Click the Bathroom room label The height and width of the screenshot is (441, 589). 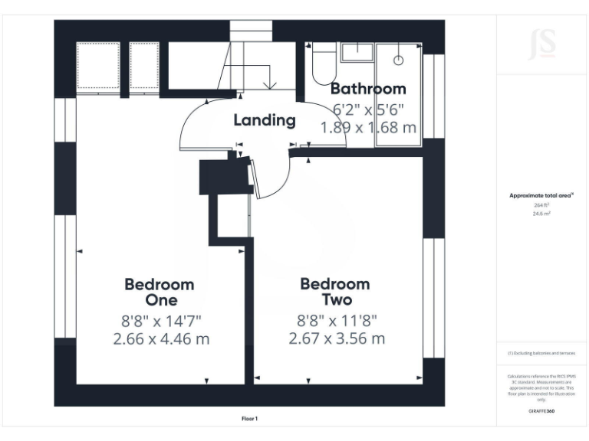(x=367, y=89)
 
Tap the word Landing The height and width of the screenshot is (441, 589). (x=264, y=120)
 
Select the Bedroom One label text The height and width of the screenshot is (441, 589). (x=160, y=292)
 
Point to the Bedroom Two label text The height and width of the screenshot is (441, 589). (x=335, y=292)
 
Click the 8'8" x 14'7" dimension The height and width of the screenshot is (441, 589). (x=160, y=321)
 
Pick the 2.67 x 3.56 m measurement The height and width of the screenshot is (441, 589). (x=337, y=338)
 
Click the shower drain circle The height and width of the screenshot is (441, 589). (x=399, y=59)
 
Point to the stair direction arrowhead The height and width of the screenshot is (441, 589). (x=268, y=84)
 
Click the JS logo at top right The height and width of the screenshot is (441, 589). (x=542, y=45)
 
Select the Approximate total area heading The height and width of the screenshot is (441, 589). (x=541, y=196)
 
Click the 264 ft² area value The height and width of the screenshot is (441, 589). (x=541, y=205)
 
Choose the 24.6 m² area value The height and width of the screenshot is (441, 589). (x=541, y=214)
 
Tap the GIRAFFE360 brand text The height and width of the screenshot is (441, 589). (x=541, y=411)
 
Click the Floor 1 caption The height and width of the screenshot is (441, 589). (x=249, y=418)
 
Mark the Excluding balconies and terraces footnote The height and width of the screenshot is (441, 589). (x=541, y=353)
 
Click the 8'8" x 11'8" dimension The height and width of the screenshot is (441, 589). (x=337, y=321)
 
